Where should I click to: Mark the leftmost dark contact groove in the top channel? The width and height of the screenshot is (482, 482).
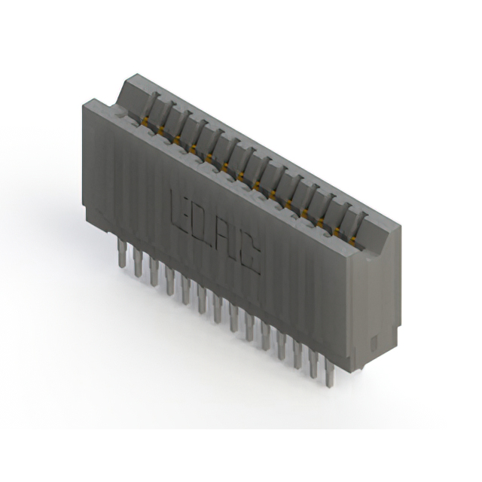click(x=151, y=105)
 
